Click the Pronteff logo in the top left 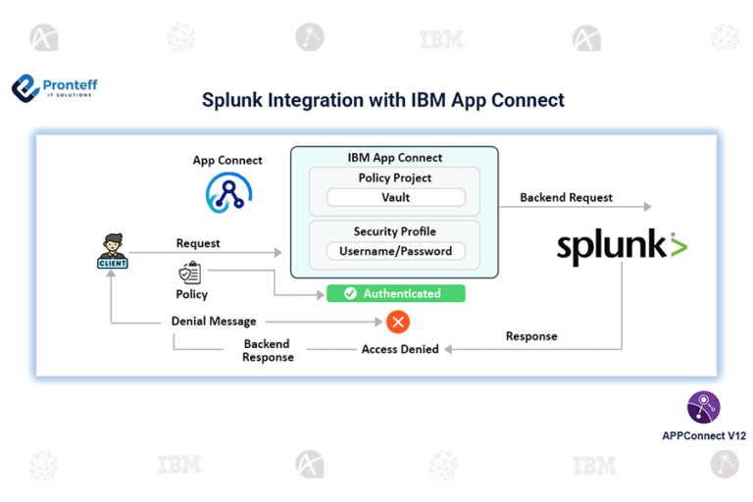[54, 88]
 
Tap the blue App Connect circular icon [227, 192]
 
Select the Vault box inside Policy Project [395, 197]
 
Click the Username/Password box [395, 251]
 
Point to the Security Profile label [395, 231]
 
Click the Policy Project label [395, 177]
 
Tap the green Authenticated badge [395, 293]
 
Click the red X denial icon [397, 322]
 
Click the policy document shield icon [190, 274]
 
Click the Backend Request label [566, 197]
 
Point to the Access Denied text [400, 349]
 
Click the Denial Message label [214, 322]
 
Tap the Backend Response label [268, 351]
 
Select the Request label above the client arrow [198, 243]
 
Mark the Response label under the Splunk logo [531, 336]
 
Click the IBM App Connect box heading [395, 157]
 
